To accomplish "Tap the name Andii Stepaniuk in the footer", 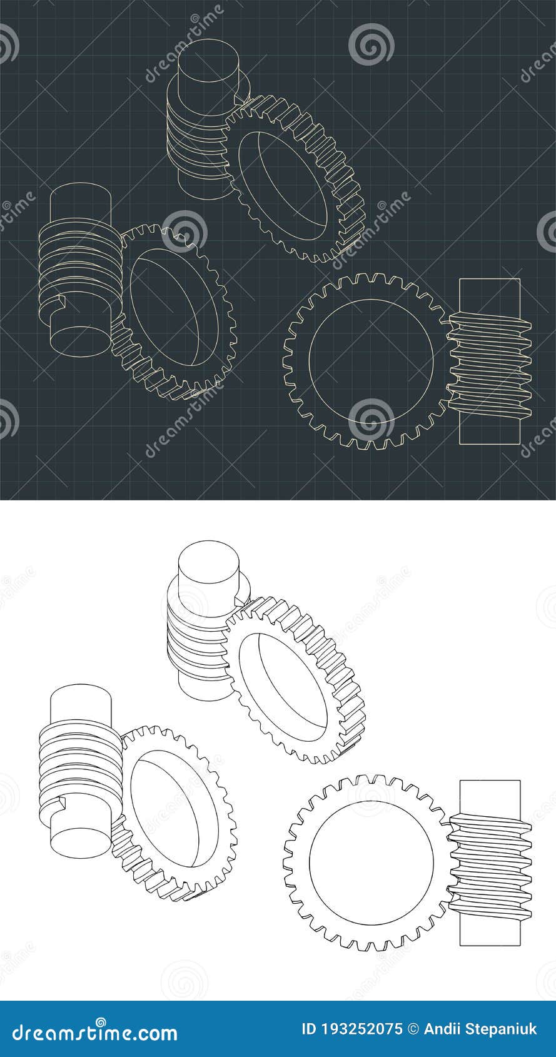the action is [480, 1029].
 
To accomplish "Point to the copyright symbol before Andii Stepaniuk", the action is [413, 1029].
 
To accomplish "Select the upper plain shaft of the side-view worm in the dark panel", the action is [490, 297].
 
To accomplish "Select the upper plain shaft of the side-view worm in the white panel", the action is [490, 799].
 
